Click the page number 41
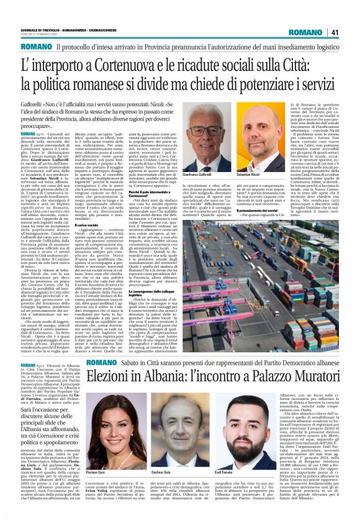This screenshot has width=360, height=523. click(x=334, y=32)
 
